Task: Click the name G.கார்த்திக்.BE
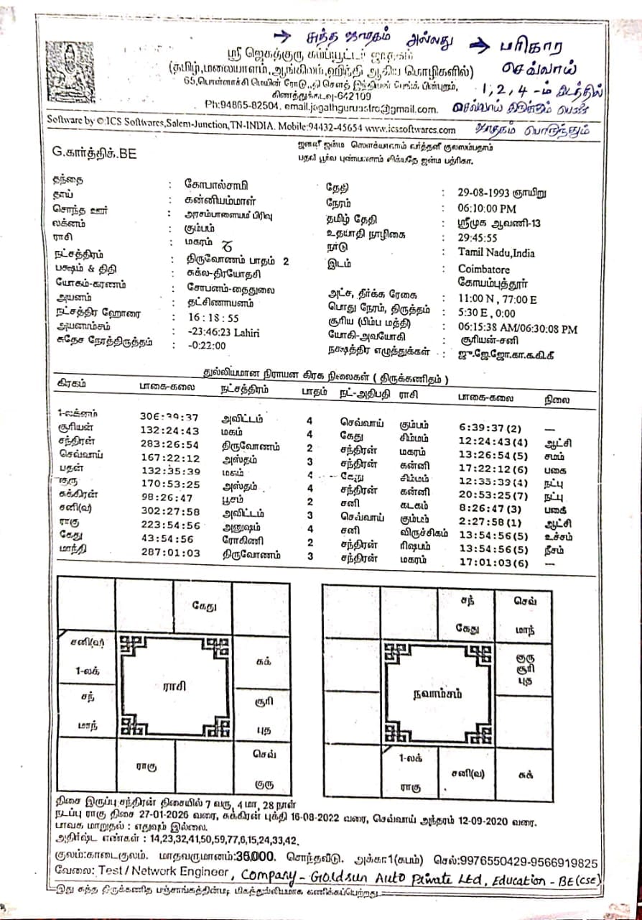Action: coord(94,152)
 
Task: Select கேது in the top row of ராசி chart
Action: coord(204,606)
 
